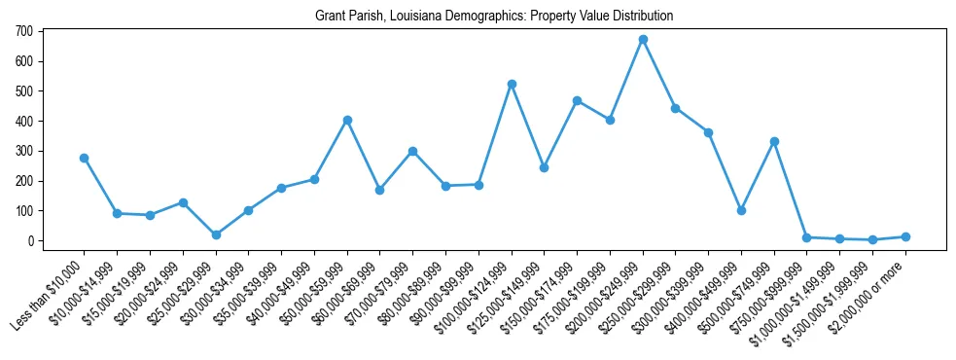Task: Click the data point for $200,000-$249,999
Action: click(643, 39)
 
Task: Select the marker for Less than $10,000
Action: click(84, 158)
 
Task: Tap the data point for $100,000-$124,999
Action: click(512, 84)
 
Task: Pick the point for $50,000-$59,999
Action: click(347, 120)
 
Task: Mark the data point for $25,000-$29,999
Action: click(216, 234)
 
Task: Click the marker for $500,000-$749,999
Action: click(774, 141)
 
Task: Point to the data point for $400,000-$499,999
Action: click(741, 210)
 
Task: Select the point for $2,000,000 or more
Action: click(905, 236)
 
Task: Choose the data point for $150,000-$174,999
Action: click(577, 100)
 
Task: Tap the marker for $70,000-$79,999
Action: click(412, 151)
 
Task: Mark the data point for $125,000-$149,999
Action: click(544, 167)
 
